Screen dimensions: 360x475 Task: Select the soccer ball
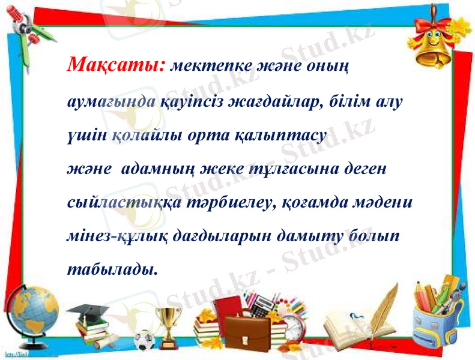click(144, 341)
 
